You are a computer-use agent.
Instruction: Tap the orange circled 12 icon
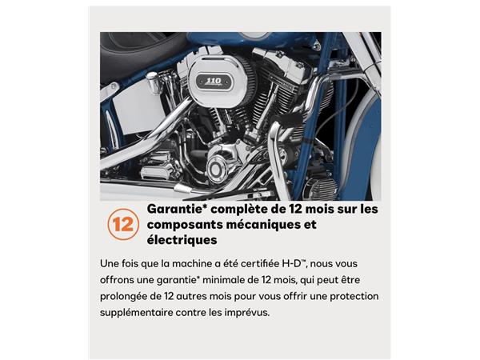pos(121,225)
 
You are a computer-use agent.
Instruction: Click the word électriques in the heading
pos(182,239)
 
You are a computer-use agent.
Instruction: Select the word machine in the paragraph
pos(185,263)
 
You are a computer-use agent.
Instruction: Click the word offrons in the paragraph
pos(122,279)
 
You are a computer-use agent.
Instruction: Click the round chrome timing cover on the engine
pos(218,168)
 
